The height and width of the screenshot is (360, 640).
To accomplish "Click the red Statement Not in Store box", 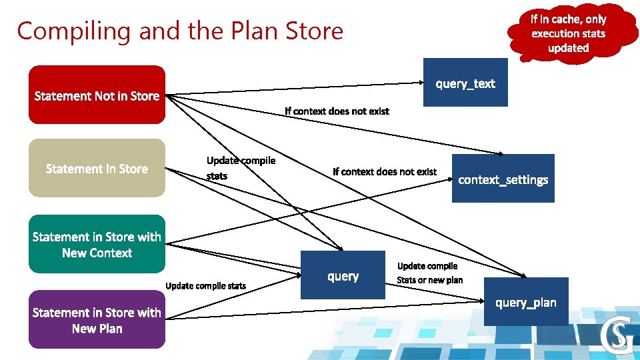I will (x=97, y=95).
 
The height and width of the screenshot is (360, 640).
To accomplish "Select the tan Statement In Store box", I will (x=97, y=168).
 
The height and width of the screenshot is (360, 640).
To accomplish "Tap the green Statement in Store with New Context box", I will (x=97, y=244).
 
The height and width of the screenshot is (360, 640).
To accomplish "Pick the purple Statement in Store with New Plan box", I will (x=97, y=319).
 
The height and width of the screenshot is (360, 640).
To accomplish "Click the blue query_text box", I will (x=465, y=83).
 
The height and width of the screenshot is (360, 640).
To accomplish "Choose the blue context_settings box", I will (x=503, y=179).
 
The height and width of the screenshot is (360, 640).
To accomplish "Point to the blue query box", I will (x=343, y=275).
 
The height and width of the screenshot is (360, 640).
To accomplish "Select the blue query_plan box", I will (x=525, y=302).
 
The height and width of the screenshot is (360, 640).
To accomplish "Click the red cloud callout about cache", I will (x=568, y=33).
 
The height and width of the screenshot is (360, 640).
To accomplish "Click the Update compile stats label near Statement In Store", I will (x=240, y=168).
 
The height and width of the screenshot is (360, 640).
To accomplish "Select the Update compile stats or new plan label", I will (x=429, y=273).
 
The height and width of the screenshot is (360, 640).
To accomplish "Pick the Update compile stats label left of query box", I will (x=205, y=286).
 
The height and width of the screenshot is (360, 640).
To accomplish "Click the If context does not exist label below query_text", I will (x=337, y=111).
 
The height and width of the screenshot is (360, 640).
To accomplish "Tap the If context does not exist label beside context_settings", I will (x=385, y=172).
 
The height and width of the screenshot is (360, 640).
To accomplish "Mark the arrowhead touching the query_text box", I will (x=421, y=83).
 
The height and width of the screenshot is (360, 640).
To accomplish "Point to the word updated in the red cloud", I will (x=568, y=48).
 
